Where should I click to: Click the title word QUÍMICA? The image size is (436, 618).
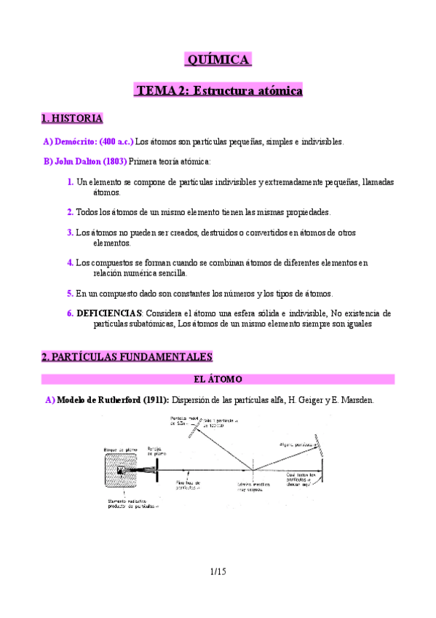click(x=218, y=60)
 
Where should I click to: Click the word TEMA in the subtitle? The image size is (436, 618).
click(x=155, y=91)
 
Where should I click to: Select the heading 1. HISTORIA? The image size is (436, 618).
click(x=72, y=118)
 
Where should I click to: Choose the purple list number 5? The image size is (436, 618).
click(x=71, y=293)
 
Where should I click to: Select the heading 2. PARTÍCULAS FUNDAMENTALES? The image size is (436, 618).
click(x=127, y=356)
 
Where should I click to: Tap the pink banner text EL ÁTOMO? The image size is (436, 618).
click(x=218, y=379)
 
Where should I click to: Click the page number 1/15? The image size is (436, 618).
click(x=218, y=571)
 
